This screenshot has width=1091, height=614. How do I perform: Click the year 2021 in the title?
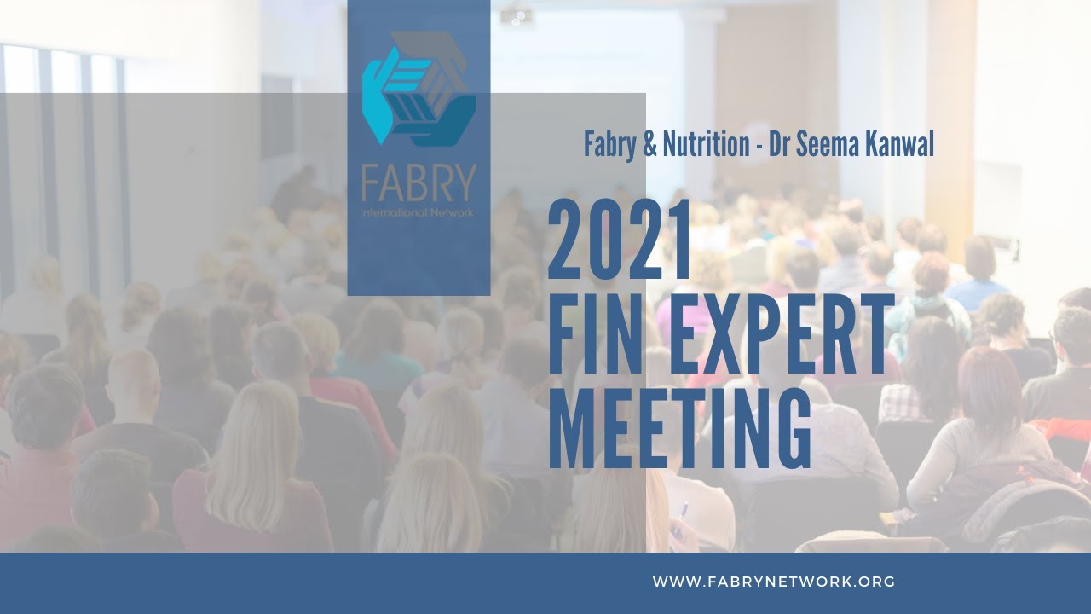pos(620,241)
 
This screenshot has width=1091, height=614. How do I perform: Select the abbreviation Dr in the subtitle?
pos(780,145)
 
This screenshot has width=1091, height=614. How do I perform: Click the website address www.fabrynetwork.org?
pos(774,582)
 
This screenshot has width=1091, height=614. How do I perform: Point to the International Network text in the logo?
pos(418,211)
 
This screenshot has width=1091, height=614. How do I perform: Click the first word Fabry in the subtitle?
pos(609,145)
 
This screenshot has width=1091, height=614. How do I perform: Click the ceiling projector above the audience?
pos(517,14)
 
